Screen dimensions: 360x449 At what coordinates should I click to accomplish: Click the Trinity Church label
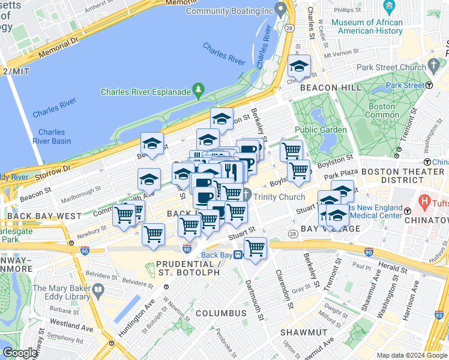[x=279, y=197]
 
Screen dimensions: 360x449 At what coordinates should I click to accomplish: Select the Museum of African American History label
[x=367, y=26]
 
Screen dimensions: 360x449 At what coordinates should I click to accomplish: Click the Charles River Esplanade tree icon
[x=199, y=91]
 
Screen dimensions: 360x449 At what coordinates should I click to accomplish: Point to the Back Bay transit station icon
[x=238, y=255]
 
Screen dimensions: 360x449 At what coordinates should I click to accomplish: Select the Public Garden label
[x=321, y=130]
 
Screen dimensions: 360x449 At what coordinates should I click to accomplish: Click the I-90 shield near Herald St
[x=369, y=253]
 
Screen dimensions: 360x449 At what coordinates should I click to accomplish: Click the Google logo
[x=20, y=353]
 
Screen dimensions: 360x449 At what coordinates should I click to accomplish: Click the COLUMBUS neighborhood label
[x=220, y=313]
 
